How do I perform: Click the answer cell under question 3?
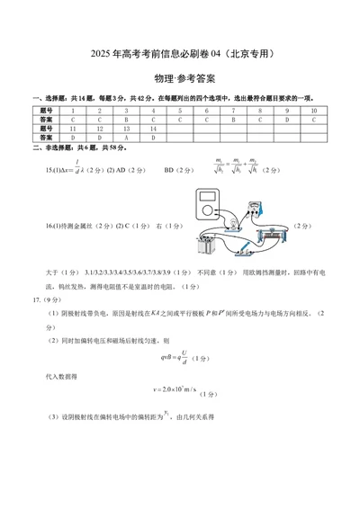tap(127, 119)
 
